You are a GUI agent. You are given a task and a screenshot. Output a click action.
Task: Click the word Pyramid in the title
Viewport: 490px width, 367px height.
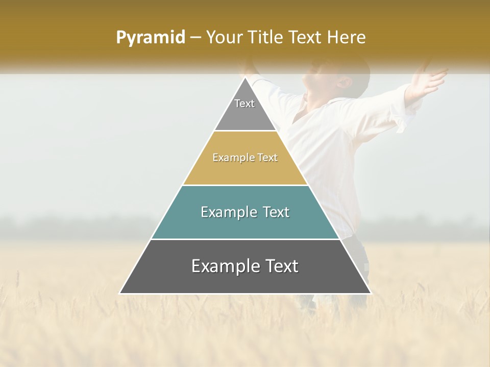point(150,38)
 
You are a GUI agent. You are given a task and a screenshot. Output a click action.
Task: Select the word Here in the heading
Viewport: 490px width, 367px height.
point(347,37)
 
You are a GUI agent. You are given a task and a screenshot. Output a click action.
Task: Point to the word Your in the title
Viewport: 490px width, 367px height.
point(225,37)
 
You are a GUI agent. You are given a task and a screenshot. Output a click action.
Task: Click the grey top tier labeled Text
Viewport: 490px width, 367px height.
point(244,110)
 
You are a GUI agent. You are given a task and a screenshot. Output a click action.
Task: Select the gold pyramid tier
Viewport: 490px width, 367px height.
point(245,168)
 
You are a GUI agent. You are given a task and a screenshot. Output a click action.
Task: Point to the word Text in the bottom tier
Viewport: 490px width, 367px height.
point(282,266)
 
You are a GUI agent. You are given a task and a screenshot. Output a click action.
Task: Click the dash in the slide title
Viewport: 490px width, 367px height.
point(195,38)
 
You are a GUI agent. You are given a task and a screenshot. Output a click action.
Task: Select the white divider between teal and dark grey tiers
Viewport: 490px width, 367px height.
point(245,239)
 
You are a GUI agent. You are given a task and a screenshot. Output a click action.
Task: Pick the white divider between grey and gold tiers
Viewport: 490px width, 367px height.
point(245,131)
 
